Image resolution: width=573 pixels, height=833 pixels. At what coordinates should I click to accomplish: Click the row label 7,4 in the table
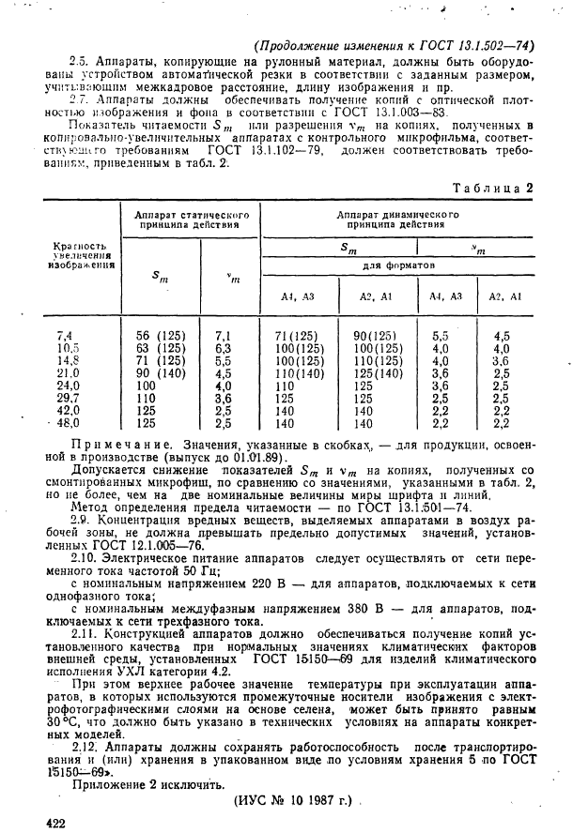(x=65, y=335)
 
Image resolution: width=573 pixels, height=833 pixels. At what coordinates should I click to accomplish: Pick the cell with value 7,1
(x=223, y=335)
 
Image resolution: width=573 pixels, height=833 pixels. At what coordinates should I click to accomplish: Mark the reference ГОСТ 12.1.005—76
(x=137, y=544)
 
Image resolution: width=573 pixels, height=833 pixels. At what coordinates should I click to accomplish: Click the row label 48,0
(x=67, y=423)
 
